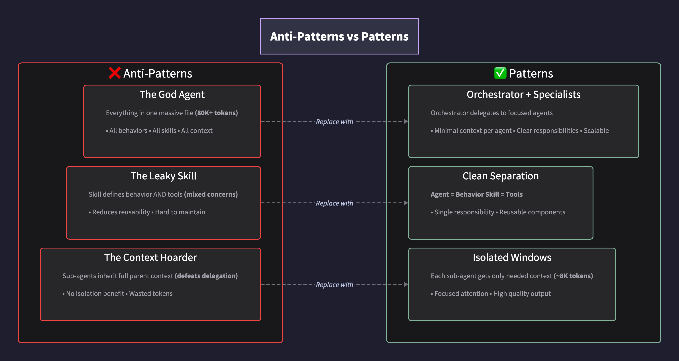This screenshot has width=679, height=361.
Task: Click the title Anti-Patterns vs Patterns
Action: click(x=339, y=36)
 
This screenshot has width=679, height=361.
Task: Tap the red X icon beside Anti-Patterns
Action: click(x=115, y=73)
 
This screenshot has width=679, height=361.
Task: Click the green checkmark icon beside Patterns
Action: click(x=500, y=73)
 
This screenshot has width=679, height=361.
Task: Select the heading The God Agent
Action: click(x=172, y=94)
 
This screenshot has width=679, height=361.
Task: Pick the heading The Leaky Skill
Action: click(x=163, y=176)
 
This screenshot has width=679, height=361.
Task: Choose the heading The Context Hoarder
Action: click(x=150, y=257)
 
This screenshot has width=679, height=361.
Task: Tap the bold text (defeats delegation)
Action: click(x=206, y=276)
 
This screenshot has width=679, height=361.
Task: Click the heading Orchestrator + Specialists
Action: click(x=523, y=94)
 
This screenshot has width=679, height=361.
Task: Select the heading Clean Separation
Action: click(x=501, y=176)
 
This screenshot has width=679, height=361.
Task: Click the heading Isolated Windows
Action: click(x=512, y=257)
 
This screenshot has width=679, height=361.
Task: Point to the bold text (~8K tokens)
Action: click(x=573, y=276)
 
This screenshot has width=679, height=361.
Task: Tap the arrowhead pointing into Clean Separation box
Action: click(x=406, y=203)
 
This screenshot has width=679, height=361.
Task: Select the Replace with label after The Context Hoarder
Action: click(x=334, y=285)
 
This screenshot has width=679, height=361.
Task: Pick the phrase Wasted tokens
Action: click(x=151, y=293)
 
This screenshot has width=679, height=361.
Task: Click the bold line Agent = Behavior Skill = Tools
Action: click(x=476, y=194)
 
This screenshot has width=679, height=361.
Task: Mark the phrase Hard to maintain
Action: click(x=180, y=212)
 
